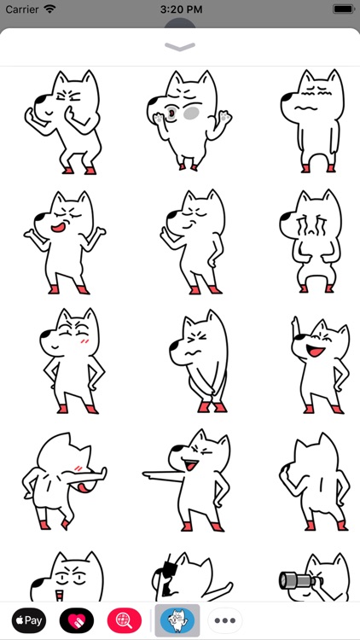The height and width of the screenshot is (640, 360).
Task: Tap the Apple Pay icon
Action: point(29,620)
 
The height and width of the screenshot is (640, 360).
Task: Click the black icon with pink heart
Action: point(77,620)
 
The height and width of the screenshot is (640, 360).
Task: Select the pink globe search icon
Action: point(125,620)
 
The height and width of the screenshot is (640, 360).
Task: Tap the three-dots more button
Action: point(225,620)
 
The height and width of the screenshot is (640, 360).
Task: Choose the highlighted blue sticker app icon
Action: point(177,620)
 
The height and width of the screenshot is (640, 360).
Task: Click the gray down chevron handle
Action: point(180,47)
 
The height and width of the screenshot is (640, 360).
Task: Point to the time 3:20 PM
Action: point(180,9)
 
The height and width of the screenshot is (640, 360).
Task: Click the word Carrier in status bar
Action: point(22,9)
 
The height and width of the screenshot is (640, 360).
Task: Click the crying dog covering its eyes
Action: point(311,241)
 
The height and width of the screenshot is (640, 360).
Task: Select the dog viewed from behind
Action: point(311,481)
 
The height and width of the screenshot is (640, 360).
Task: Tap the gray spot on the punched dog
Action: point(194,113)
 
